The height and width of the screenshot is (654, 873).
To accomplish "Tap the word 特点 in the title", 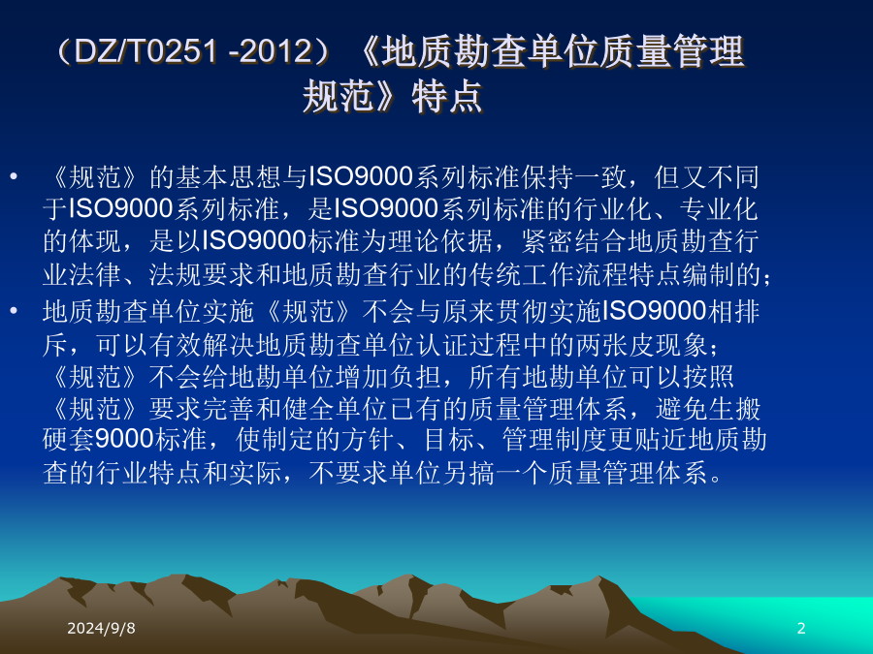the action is click(447, 96).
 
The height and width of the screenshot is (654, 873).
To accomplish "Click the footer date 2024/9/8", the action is click(101, 628).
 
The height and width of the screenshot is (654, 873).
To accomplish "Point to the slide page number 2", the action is click(801, 628).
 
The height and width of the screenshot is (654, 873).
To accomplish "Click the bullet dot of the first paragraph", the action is click(14, 177).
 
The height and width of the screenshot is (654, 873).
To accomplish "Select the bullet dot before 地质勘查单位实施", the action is click(14, 311).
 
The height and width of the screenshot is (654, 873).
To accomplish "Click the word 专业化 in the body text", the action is click(718, 209).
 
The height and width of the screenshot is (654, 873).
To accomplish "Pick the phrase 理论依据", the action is click(440, 241).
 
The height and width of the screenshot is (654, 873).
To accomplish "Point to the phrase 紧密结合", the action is click(573, 241).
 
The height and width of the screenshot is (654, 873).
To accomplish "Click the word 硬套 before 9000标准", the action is click(69, 439).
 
